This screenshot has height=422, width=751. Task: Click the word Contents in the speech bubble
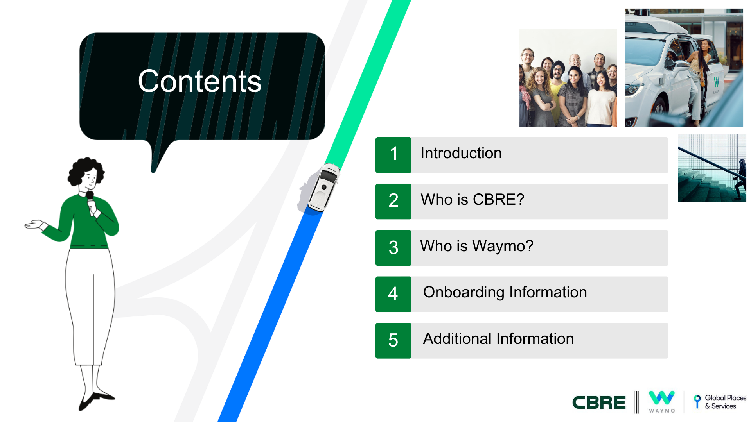pyautogui.click(x=199, y=81)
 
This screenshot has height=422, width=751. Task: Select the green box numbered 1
pyautogui.click(x=393, y=155)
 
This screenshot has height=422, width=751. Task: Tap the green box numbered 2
pyautogui.click(x=393, y=201)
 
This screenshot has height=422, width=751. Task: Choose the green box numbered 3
pyautogui.click(x=393, y=248)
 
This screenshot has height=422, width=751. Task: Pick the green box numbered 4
pyautogui.click(x=393, y=294)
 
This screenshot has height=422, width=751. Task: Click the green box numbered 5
pyautogui.click(x=393, y=341)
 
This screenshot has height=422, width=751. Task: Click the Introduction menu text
pyautogui.click(x=461, y=153)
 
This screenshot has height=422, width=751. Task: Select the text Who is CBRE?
pyautogui.click(x=473, y=200)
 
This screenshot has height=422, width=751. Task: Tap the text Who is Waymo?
pyautogui.click(x=477, y=246)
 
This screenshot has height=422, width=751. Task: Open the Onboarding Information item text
pyautogui.click(x=505, y=293)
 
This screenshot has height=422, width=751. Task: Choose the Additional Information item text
pyautogui.click(x=498, y=339)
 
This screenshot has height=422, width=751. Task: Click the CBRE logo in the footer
pyautogui.click(x=599, y=402)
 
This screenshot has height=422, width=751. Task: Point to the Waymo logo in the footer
pyautogui.click(x=662, y=402)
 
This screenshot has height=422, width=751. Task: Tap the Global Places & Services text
pyautogui.click(x=726, y=402)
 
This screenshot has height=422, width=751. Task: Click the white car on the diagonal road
pyautogui.click(x=323, y=188)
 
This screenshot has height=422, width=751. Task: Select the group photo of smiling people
pyautogui.click(x=568, y=78)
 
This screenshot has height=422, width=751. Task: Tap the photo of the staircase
pyautogui.click(x=712, y=168)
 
